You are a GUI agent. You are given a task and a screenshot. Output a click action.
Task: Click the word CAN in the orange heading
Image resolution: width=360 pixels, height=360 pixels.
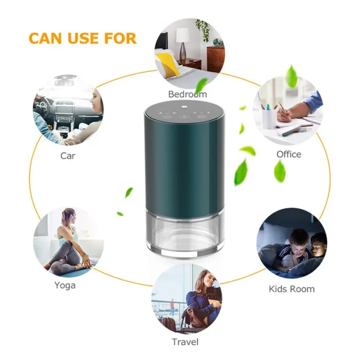pyautogui.click(x=45, y=38)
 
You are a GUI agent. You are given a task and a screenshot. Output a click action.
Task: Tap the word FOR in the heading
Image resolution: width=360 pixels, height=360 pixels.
pyautogui.click(x=120, y=38)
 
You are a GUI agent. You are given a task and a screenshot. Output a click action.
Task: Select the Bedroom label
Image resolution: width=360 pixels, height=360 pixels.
pyautogui.click(x=187, y=94)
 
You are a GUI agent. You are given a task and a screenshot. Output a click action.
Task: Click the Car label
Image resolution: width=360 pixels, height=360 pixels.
pyautogui.click(x=68, y=156)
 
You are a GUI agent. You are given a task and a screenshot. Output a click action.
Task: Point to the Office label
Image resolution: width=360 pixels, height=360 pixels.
pyautogui.click(x=289, y=154)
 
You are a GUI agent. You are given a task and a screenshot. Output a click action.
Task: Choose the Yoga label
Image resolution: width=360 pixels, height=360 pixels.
pyautogui.click(x=65, y=285)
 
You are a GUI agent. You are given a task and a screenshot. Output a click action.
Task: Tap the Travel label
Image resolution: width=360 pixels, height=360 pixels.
pyautogui.click(x=185, y=342)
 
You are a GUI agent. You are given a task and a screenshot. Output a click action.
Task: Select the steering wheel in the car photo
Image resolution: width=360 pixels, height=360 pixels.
pyautogui.click(x=42, y=106)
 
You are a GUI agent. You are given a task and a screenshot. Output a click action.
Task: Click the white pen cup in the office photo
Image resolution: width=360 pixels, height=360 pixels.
pyautogui.click(x=268, y=118)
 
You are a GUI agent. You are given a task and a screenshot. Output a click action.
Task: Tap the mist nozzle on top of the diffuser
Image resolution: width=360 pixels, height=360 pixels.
pyautogui.click(x=184, y=106)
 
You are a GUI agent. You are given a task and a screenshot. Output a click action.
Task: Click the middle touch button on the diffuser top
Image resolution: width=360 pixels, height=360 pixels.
pyautogui.click(x=184, y=117)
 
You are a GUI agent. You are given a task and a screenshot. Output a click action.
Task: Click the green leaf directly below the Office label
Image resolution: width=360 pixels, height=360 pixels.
pyautogui.click(x=280, y=171)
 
